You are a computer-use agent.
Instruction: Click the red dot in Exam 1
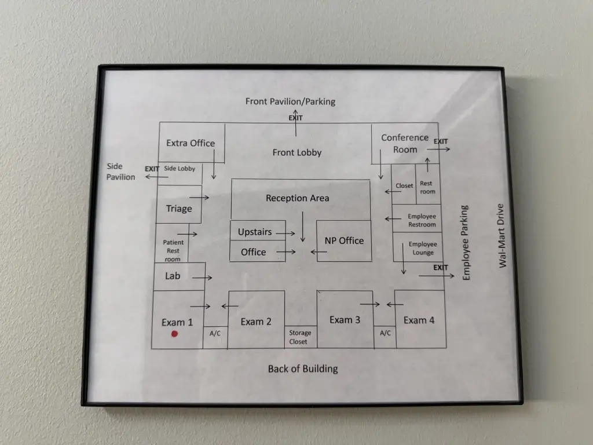[174, 334]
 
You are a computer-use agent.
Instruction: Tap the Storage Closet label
[300, 337]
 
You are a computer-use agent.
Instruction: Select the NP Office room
[343, 240]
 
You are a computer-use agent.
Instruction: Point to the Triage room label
[179, 209]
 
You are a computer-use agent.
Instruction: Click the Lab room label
[173, 276]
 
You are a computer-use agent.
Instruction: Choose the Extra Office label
[191, 143]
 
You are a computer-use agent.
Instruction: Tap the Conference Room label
[405, 143]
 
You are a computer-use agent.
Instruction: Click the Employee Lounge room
[423, 248]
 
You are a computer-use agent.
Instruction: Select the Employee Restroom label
[422, 220]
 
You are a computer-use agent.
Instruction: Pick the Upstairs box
[255, 232]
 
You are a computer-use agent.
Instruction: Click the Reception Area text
[298, 198]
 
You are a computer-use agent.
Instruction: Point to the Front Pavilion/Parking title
[290, 101]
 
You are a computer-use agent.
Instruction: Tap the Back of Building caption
[303, 369]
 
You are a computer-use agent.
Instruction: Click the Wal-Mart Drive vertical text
[502, 235]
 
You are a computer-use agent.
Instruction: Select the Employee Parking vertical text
[466, 243]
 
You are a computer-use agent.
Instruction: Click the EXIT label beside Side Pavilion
[152, 169]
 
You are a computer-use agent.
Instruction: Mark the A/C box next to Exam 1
[215, 333]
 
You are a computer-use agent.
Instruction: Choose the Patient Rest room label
[173, 251]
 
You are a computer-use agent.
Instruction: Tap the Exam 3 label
[345, 320]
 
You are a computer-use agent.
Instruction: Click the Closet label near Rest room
[404, 186]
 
